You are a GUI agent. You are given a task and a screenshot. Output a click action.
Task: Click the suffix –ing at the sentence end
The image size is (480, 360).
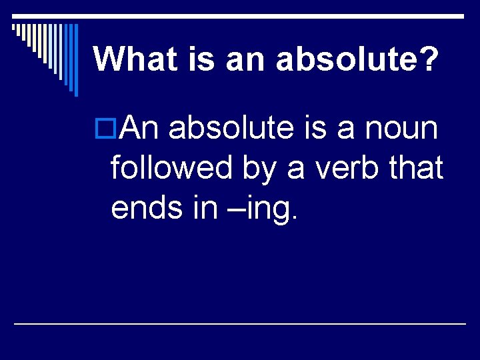(263, 209)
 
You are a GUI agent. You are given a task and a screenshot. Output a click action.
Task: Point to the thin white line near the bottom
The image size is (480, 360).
(240, 323)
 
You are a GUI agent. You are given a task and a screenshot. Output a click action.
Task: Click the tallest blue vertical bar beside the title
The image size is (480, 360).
(76, 60)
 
